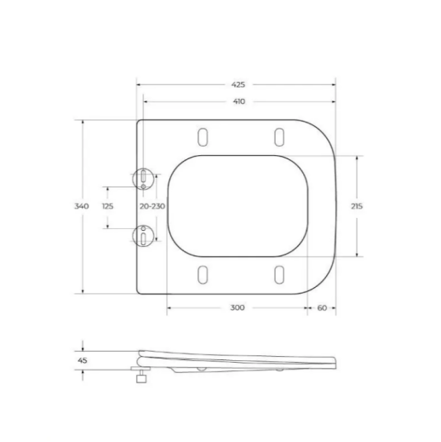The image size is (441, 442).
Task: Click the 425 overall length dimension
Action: (238, 85)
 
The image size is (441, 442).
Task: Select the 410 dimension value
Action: (238, 101)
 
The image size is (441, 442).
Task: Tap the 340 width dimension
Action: (83, 206)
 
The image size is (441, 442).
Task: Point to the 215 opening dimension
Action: (357, 206)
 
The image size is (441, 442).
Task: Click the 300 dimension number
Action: (238, 307)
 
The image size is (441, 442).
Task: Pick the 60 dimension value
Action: (322, 307)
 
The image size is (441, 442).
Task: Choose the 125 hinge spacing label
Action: (108, 206)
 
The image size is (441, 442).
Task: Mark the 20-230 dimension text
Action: (152, 206)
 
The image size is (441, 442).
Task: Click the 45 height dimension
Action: (83, 360)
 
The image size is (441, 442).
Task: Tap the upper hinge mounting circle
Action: (145, 179)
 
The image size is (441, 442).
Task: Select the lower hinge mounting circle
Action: (145, 233)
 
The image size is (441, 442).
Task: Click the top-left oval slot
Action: (203, 136)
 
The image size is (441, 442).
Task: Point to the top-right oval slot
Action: (278, 136)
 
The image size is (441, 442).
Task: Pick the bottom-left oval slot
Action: (203, 274)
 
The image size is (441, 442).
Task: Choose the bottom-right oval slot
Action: (278, 274)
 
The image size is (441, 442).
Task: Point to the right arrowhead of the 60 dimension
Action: (334, 307)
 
